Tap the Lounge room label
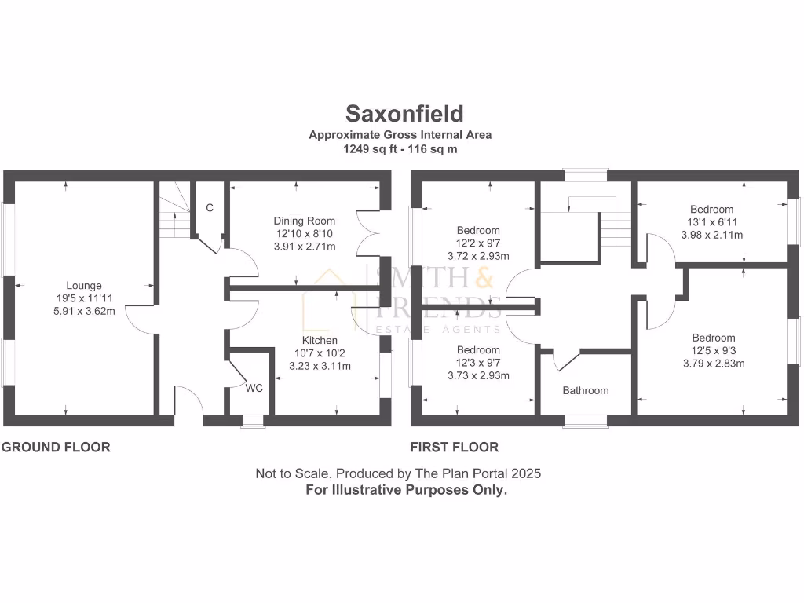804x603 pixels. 84,286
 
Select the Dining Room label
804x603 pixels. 304,221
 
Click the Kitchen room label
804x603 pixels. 320,340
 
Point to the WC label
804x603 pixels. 254,388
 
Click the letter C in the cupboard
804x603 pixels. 210,208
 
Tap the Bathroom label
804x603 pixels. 585,390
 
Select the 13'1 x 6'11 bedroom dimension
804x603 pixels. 712,222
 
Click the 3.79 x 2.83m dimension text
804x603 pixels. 713,364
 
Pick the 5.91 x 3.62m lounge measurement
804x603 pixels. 84,311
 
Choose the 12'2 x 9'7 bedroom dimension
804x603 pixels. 478,243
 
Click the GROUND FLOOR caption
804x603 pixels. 56,448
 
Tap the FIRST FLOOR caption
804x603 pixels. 455,448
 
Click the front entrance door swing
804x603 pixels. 188,400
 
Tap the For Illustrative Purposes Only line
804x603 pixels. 406,489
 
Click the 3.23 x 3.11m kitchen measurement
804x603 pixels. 320,366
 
